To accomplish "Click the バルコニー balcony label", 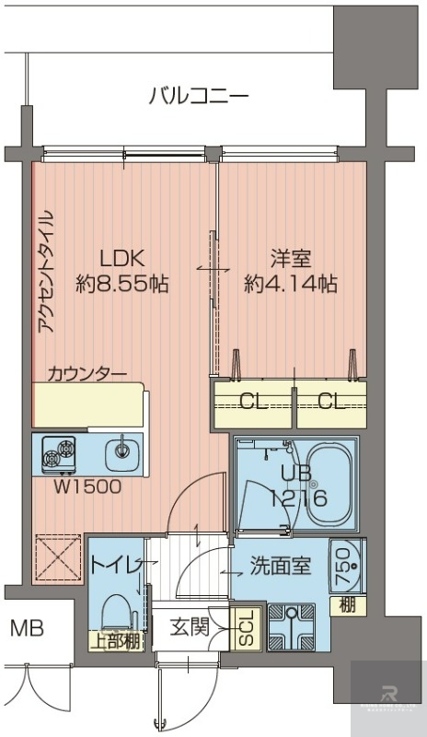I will pyautogui.click(x=199, y=97).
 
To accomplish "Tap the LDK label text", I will pyautogui.click(x=121, y=258).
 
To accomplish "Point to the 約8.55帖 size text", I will pyautogui.click(x=121, y=285).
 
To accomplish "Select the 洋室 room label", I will pyautogui.click(x=290, y=258).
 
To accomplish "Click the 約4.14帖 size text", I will pyautogui.click(x=290, y=285).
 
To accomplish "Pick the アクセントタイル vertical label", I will pyautogui.click(x=46, y=272).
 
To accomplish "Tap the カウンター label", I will pyautogui.click(x=87, y=373).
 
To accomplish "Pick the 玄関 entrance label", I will pyautogui.click(x=194, y=628).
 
